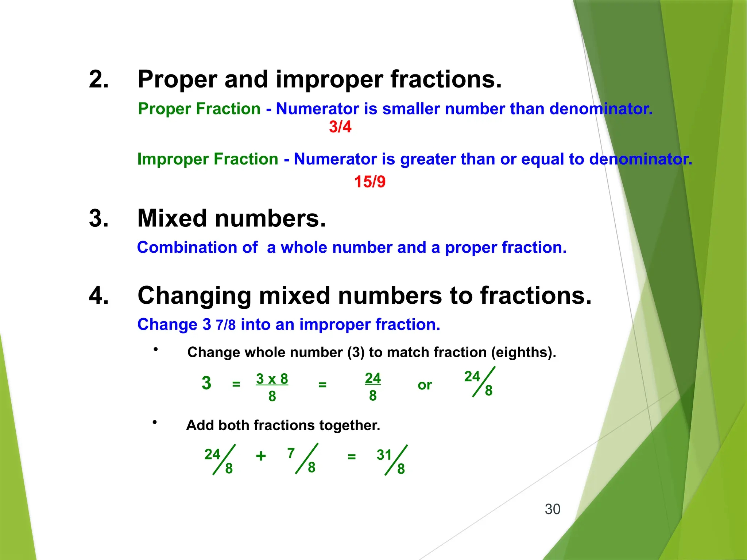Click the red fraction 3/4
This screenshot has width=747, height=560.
[340, 127]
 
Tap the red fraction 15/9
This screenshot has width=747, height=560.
[369, 182]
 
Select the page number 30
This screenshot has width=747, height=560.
[552, 509]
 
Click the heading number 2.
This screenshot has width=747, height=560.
[98, 79]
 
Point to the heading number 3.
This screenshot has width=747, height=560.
[98, 218]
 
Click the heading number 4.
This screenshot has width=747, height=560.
[98, 295]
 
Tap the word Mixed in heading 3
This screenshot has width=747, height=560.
[172, 218]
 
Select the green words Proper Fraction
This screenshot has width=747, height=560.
[199, 109]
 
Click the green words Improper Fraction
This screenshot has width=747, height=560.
[208, 159]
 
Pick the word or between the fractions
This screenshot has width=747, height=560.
[425, 385]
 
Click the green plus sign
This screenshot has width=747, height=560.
[261, 456]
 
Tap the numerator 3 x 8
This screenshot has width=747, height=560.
[272, 379]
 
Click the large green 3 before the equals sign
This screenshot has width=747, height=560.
[206, 383]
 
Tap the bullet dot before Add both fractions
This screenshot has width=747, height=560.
[155, 422]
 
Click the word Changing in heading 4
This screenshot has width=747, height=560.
[194, 295]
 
